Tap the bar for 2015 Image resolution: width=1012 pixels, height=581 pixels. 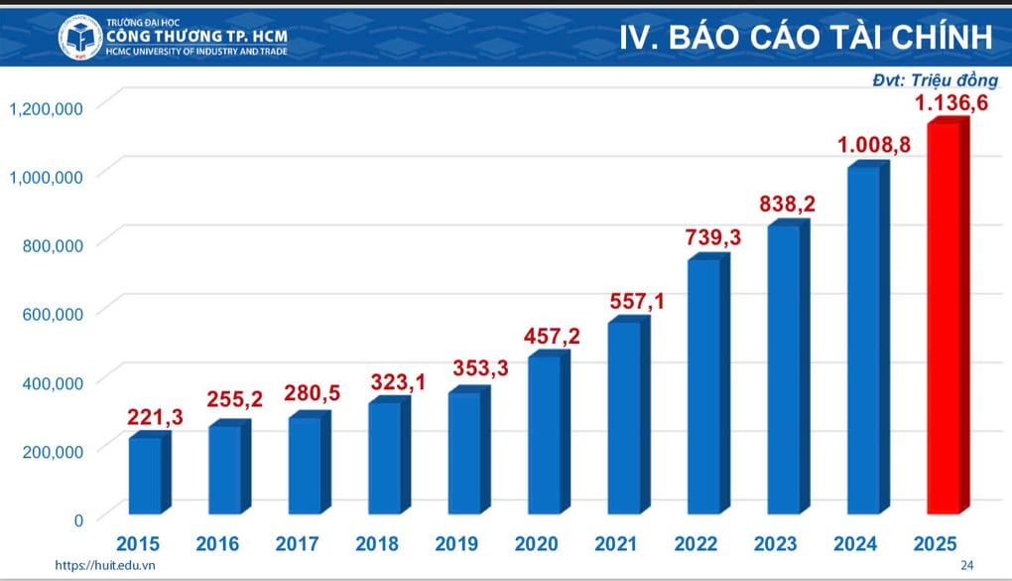click(x=145, y=475)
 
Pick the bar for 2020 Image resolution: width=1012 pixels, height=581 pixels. click(x=544, y=433)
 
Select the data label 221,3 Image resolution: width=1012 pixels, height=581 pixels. click(x=154, y=418)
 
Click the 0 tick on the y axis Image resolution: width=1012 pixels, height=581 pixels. click(x=76, y=518)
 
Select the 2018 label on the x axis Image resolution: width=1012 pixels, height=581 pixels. click(x=376, y=544)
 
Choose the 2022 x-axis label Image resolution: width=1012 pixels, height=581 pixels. click(x=696, y=544)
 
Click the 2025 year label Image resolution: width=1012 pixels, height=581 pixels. click(x=936, y=544)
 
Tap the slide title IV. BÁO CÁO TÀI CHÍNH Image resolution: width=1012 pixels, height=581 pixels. click(x=806, y=38)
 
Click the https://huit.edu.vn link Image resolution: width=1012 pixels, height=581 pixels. click(x=99, y=565)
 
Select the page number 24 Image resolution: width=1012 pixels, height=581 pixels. click(x=967, y=565)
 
